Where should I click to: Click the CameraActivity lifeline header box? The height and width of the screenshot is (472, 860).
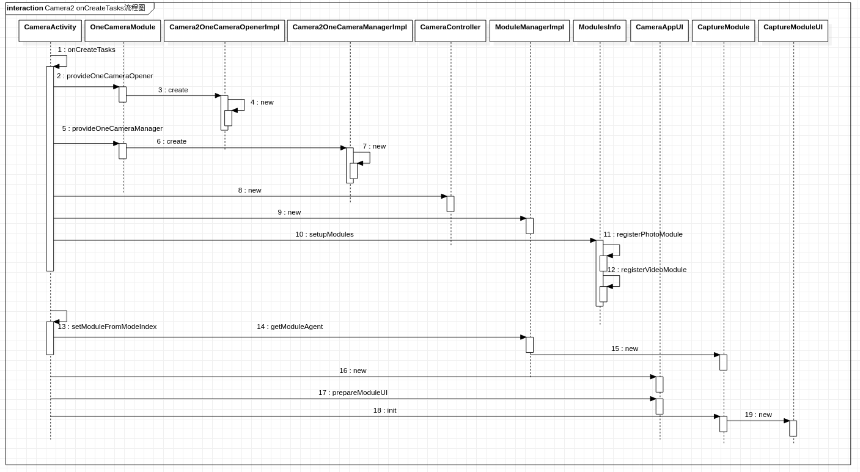pos(50,31)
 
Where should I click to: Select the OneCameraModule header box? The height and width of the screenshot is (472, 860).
pos(122,31)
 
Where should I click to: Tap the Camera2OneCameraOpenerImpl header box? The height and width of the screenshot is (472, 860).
pos(224,31)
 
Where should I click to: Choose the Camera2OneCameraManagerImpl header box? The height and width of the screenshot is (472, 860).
pos(350,31)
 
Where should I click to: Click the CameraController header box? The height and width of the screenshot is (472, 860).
pos(450,31)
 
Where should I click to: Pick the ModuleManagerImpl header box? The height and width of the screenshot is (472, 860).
pos(529,31)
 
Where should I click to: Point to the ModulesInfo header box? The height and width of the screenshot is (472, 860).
pos(600,31)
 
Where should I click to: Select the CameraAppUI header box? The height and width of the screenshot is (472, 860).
pos(660,31)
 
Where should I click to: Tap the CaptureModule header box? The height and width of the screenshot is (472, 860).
pos(723,31)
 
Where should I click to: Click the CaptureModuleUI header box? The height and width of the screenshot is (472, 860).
pos(793,31)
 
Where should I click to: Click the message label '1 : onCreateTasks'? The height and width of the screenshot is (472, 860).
pos(86,50)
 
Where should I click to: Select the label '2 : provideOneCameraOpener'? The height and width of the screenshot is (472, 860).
pos(105,76)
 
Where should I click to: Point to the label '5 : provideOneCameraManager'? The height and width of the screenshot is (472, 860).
pos(112,128)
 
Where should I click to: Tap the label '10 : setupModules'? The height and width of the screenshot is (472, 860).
pos(324,234)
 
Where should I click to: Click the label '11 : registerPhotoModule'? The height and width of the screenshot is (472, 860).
pos(642,234)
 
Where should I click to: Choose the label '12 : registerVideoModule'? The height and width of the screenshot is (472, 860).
pos(647,270)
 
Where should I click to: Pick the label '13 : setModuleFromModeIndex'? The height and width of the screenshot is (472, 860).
pos(107,326)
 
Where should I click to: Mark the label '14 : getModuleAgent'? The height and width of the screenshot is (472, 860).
pos(290,326)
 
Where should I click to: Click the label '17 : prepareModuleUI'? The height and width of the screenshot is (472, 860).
pos(353,393)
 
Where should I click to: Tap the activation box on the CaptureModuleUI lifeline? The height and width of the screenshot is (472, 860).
pos(793,428)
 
